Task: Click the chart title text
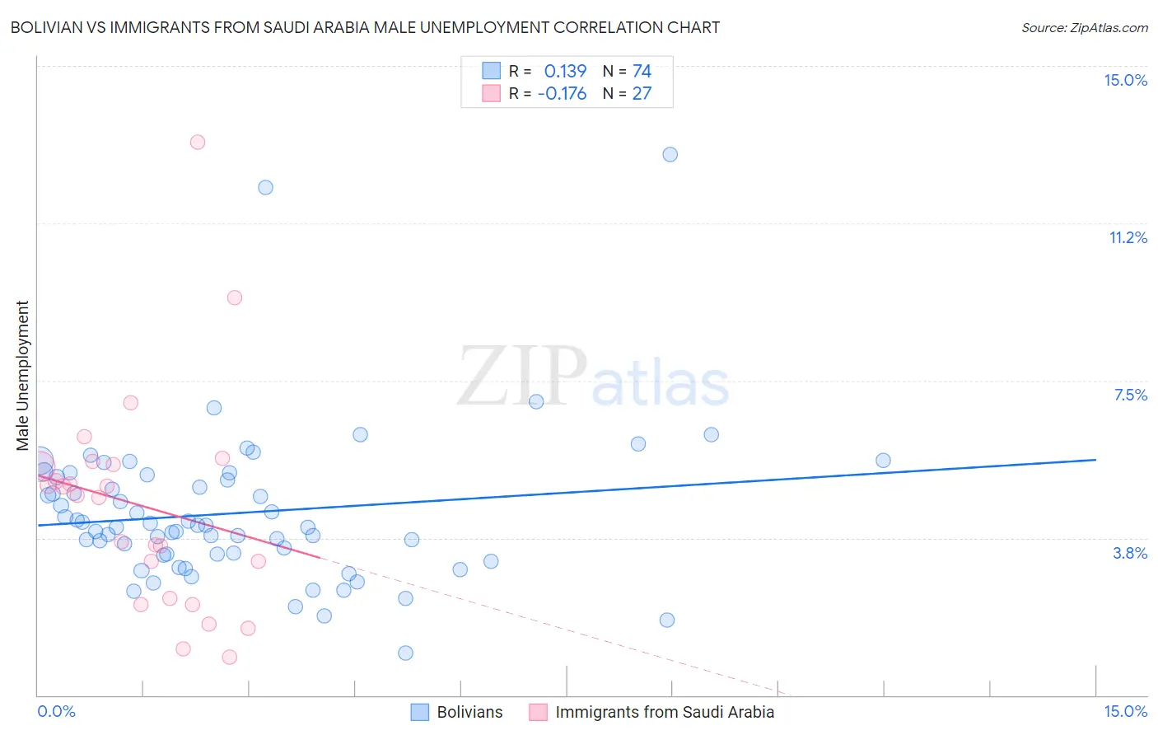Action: click(365, 27)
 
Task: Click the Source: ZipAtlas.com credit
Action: click(1084, 27)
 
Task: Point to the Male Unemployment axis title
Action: click(22, 375)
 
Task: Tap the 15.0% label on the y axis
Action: click(1125, 80)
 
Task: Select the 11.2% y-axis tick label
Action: click(1128, 237)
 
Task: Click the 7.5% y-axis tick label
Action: click(1130, 395)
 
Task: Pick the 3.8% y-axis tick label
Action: click(1130, 553)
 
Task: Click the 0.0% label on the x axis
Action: click(56, 711)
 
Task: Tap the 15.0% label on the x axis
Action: click(1125, 711)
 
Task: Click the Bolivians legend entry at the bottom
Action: click(469, 712)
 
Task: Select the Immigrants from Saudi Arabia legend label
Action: click(665, 712)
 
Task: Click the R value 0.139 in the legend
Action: click(565, 71)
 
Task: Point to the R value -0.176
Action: click(562, 93)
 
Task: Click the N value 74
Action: click(642, 71)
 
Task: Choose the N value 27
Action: click(642, 93)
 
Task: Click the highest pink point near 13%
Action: click(198, 142)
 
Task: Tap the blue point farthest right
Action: click(883, 460)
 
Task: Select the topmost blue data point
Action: click(670, 154)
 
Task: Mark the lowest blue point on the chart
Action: click(405, 653)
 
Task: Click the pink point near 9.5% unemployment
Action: click(235, 297)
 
